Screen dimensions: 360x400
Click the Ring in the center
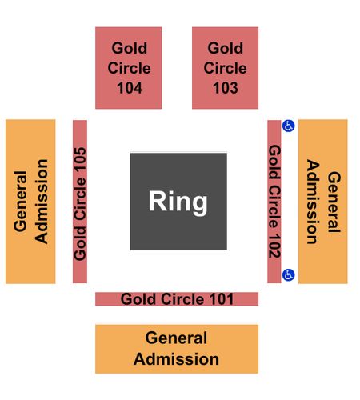178,202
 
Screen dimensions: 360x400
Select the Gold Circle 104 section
129,68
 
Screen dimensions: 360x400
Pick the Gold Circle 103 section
225,68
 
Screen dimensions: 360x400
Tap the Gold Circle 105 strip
80,202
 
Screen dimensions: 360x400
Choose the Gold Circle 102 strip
274,202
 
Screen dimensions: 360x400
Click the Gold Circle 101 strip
177,299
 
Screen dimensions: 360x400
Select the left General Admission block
30,202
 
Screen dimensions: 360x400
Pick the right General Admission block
323,202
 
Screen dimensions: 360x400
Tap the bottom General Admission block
177,349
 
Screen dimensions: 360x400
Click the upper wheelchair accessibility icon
289,126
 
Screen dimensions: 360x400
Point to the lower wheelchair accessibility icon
289,275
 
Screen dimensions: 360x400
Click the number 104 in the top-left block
130,88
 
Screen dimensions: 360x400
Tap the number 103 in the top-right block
226,88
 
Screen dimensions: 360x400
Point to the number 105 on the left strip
80,159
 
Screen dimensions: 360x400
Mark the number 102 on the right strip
274,246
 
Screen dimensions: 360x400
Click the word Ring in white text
178,202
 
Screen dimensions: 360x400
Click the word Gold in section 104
130,48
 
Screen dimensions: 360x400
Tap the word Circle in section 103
225,68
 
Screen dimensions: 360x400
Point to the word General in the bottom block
176,338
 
